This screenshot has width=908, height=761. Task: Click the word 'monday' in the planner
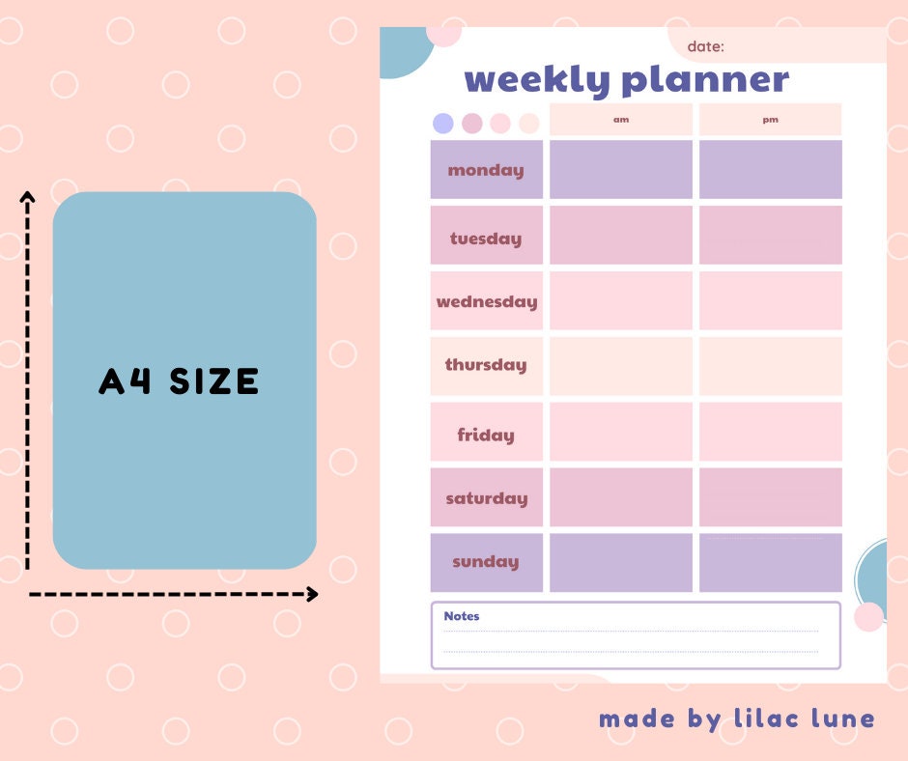point(486,170)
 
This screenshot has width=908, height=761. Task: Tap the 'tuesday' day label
point(486,239)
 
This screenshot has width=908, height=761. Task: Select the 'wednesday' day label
point(486,301)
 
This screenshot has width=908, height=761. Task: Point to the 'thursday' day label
point(486,365)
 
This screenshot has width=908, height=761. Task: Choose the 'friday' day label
point(486,435)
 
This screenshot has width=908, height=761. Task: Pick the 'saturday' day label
point(486,498)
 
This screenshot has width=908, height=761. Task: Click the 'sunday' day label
point(486,561)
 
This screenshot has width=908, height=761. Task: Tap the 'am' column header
point(621,120)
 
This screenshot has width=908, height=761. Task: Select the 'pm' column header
point(770,120)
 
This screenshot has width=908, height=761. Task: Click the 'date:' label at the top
point(706,46)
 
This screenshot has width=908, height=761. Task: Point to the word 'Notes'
point(462,616)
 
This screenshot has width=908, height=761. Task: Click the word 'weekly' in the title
point(537,79)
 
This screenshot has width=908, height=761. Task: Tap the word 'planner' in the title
point(705,79)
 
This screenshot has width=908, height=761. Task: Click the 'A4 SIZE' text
point(179,382)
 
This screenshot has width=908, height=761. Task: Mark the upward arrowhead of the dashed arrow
point(28,198)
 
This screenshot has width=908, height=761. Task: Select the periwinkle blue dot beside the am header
point(443,124)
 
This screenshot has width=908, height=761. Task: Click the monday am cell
point(621,169)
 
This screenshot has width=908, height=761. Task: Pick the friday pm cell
point(770,432)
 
